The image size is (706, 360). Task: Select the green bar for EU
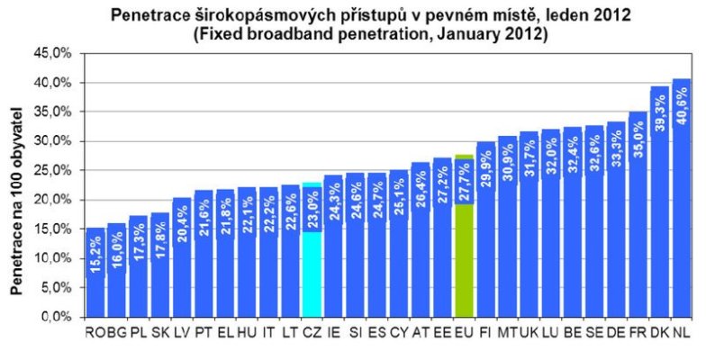(x=465, y=270)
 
